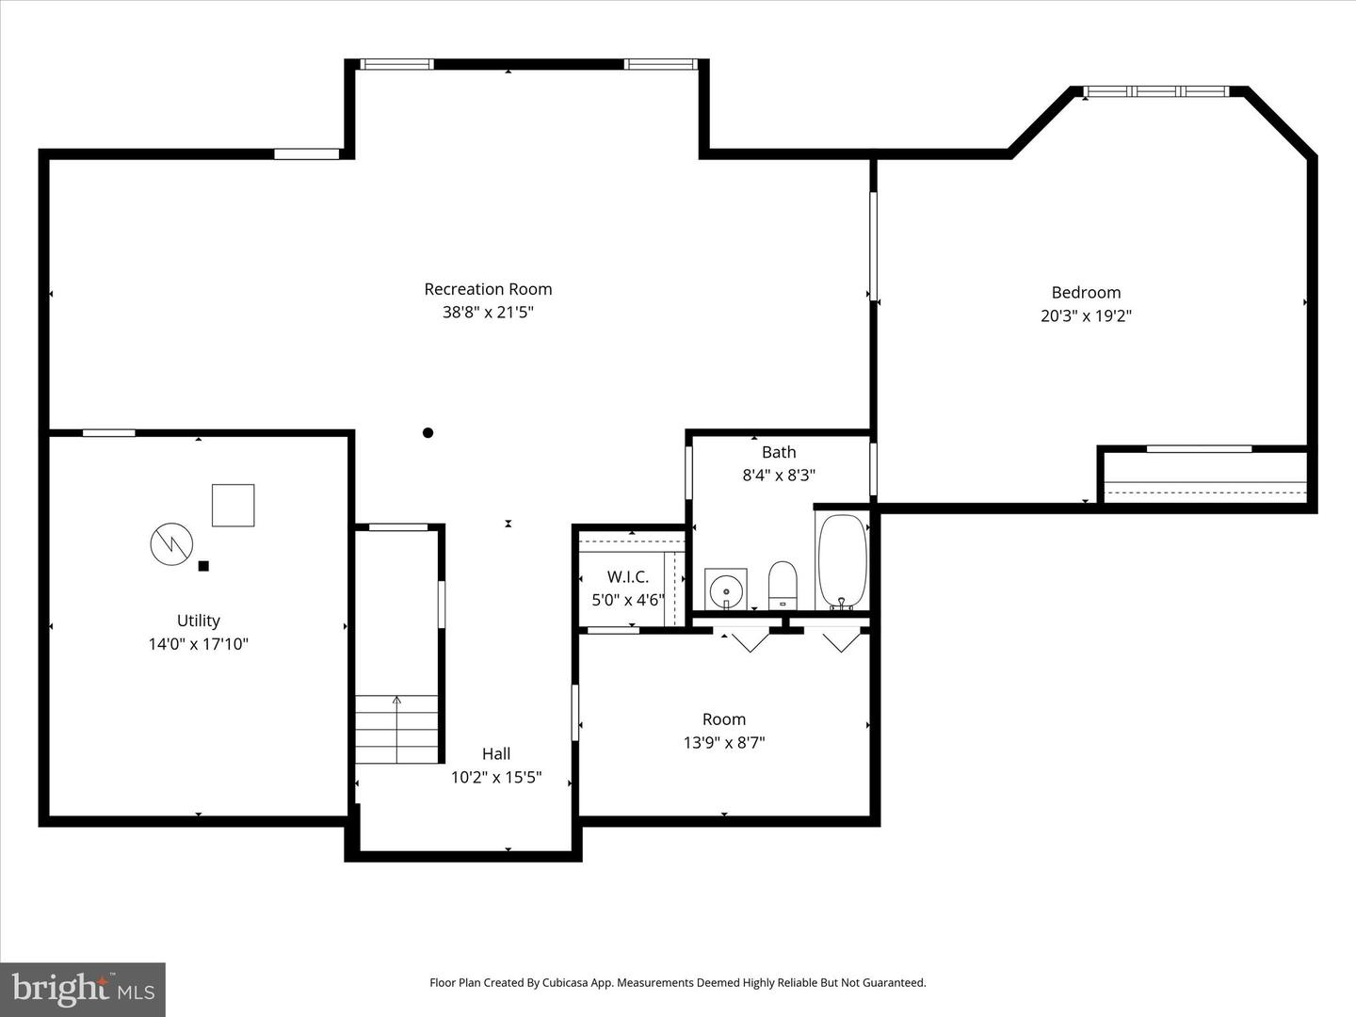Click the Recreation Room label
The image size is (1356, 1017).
(x=488, y=289)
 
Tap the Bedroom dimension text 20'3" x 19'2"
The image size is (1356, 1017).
(x=1086, y=316)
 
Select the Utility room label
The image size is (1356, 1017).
(x=199, y=621)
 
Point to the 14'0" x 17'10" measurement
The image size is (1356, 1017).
(x=199, y=644)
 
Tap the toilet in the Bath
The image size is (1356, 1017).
(x=783, y=585)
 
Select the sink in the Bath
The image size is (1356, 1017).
(x=726, y=589)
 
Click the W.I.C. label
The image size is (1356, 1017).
(x=627, y=576)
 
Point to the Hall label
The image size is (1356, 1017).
(x=496, y=753)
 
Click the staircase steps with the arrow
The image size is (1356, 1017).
(x=396, y=729)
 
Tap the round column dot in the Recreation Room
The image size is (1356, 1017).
(x=428, y=433)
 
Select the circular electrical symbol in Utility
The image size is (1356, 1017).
(x=171, y=543)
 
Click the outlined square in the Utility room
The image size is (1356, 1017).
(x=233, y=506)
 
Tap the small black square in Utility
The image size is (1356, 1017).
(x=203, y=566)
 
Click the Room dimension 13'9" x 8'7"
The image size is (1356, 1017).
(x=724, y=743)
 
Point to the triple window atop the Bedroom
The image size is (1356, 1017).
(x=1155, y=91)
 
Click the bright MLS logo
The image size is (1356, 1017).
(x=83, y=989)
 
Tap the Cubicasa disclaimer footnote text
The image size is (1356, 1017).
(x=677, y=982)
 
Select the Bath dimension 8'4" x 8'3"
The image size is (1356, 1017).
(x=779, y=476)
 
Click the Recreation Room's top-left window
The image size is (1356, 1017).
(x=397, y=64)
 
